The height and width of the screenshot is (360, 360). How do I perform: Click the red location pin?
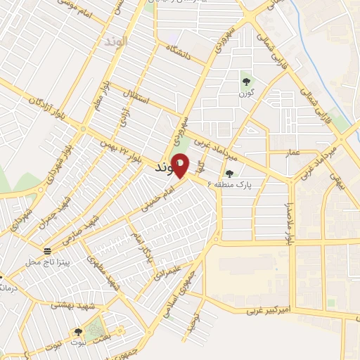coord(180,165)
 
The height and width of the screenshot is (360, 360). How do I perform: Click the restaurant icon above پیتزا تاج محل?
coord(47,250)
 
